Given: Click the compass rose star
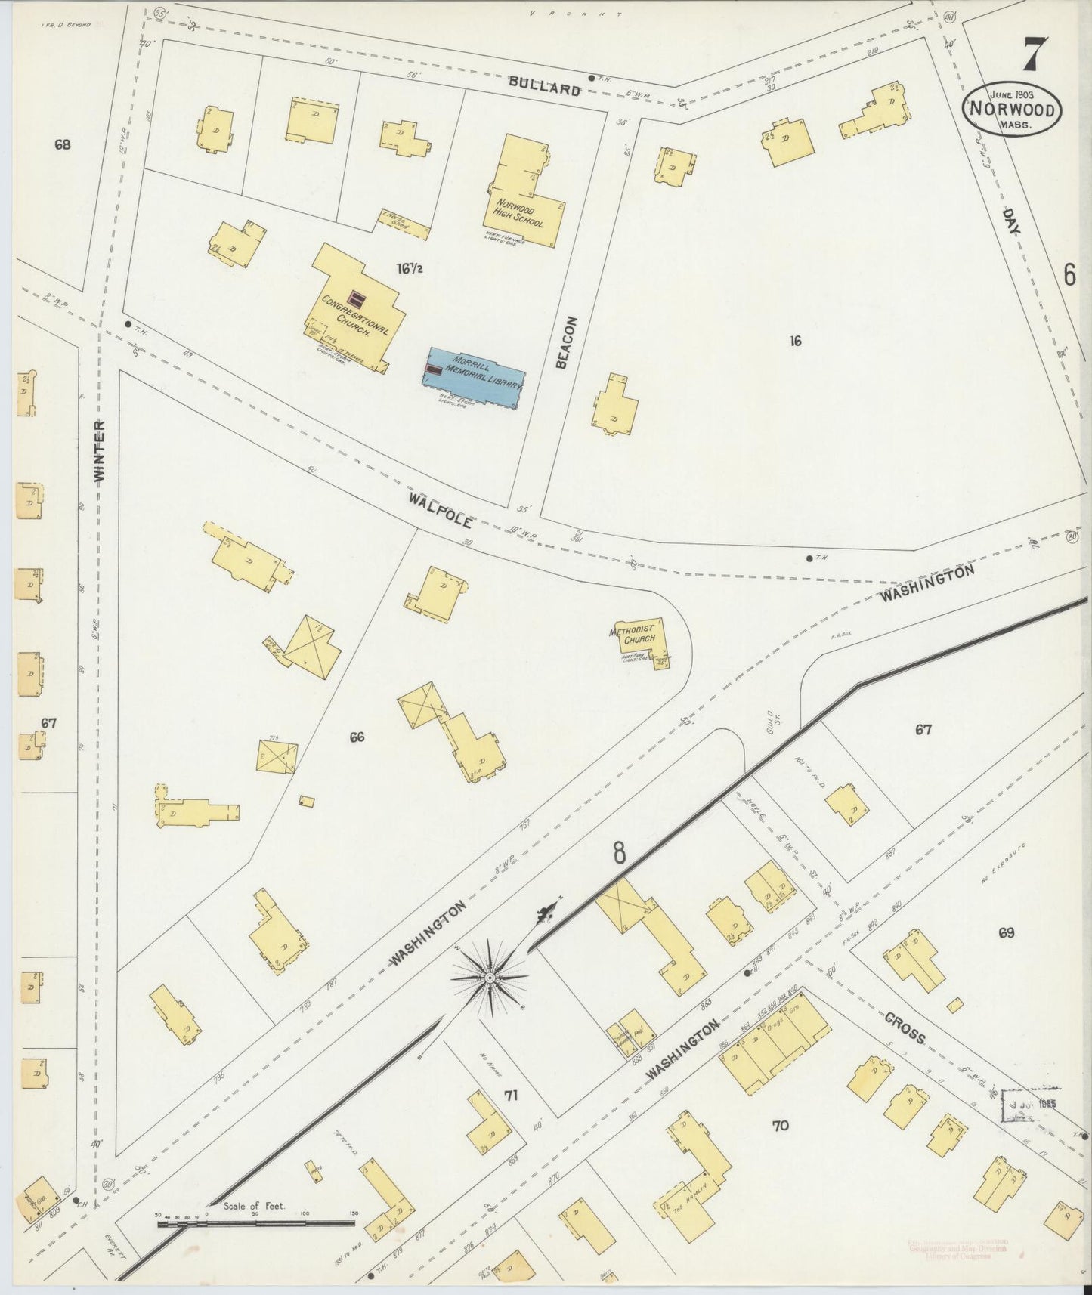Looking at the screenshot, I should coord(489,978).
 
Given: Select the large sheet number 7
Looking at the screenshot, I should coord(1035,55).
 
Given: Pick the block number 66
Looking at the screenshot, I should coord(357,737).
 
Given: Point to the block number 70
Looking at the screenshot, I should coord(781,1125).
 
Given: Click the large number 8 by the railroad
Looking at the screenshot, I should coord(620,853).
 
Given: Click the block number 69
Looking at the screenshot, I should coord(1005,933).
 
